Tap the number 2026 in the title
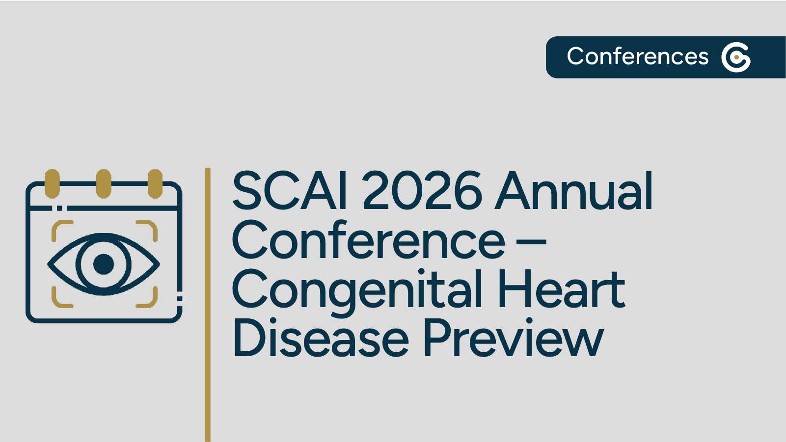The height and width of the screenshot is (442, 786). [x=423, y=191]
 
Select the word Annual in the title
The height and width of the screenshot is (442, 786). [x=574, y=191]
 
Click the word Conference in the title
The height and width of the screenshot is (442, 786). [x=368, y=241]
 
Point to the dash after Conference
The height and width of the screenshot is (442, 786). [x=531, y=241]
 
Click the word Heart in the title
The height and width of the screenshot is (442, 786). [x=561, y=289]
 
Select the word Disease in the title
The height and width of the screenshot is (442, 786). [x=321, y=338]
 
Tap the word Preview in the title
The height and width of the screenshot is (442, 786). [x=513, y=338]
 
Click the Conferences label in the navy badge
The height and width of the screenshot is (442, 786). [x=637, y=56]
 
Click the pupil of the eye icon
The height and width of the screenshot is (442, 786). [x=104, y=264]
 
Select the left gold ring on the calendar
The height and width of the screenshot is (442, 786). [x=52, y=183]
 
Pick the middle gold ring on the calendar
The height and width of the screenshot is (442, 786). [x=104, y=183]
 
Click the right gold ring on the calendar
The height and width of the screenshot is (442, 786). [x=155, y=183]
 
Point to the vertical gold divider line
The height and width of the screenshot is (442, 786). [x=208, y=304]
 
